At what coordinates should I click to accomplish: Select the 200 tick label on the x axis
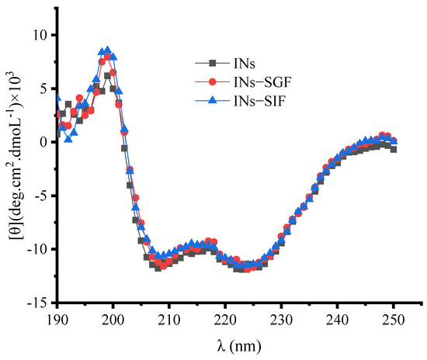click(x=113, y=317)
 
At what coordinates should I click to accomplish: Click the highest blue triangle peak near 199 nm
click(x=108, y=50)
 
